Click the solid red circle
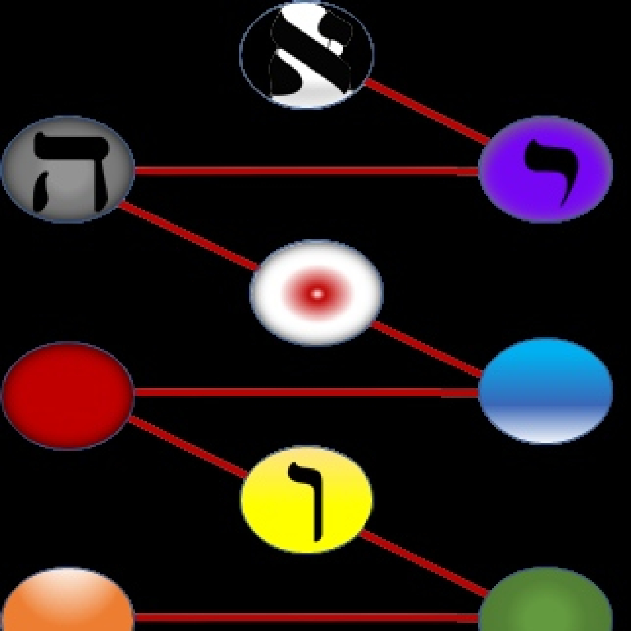click(68, 396)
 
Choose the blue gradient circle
click(545, 391)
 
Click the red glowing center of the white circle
click(316, 294)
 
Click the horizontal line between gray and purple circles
click(306, 171)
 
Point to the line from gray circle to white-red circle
click(188, 236)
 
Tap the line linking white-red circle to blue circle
click(427, 349)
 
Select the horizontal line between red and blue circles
click(306, 392)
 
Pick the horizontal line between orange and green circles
click(306, 618)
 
